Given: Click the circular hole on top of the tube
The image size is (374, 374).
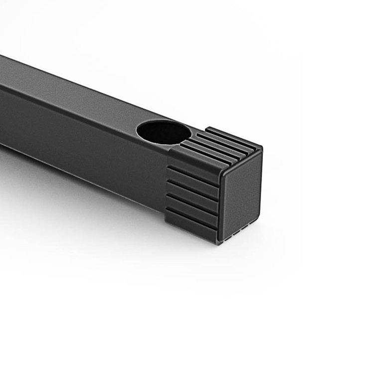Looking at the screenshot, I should [163, 132].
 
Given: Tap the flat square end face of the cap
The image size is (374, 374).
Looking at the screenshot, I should [241, 195].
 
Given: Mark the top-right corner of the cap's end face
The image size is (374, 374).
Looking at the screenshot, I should [260, 152].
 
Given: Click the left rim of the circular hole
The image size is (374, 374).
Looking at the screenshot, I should [138, 131].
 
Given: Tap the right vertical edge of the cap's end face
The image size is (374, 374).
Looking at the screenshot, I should [261, 187].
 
